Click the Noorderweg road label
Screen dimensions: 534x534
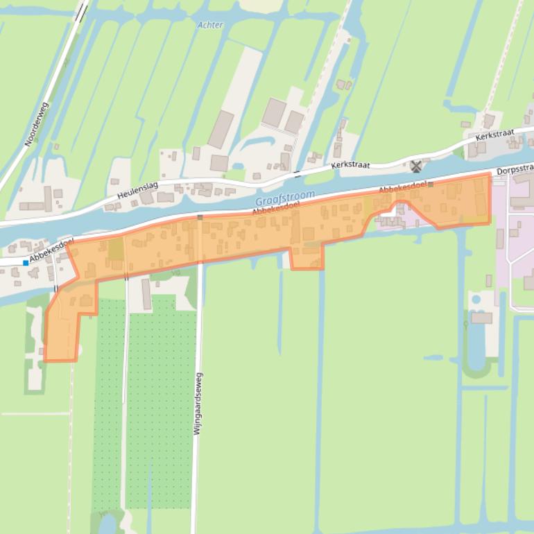tap(37, 124)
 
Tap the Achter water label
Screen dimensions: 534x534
tap(210, 25)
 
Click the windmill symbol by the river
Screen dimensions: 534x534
tap(416, 166)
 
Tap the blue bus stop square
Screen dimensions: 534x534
tap(26, 263)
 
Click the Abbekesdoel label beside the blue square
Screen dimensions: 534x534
tap(51, 250)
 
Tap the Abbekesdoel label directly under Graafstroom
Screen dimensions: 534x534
tap(276, 208)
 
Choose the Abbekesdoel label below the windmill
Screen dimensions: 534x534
tap(402, 187)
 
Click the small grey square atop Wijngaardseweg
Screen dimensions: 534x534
tap(200, 218)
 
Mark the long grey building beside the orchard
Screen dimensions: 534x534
tap(146, 294)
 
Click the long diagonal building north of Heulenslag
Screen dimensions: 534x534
tap(221, 129)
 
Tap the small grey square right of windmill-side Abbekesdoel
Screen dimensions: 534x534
tap(431, 184)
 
